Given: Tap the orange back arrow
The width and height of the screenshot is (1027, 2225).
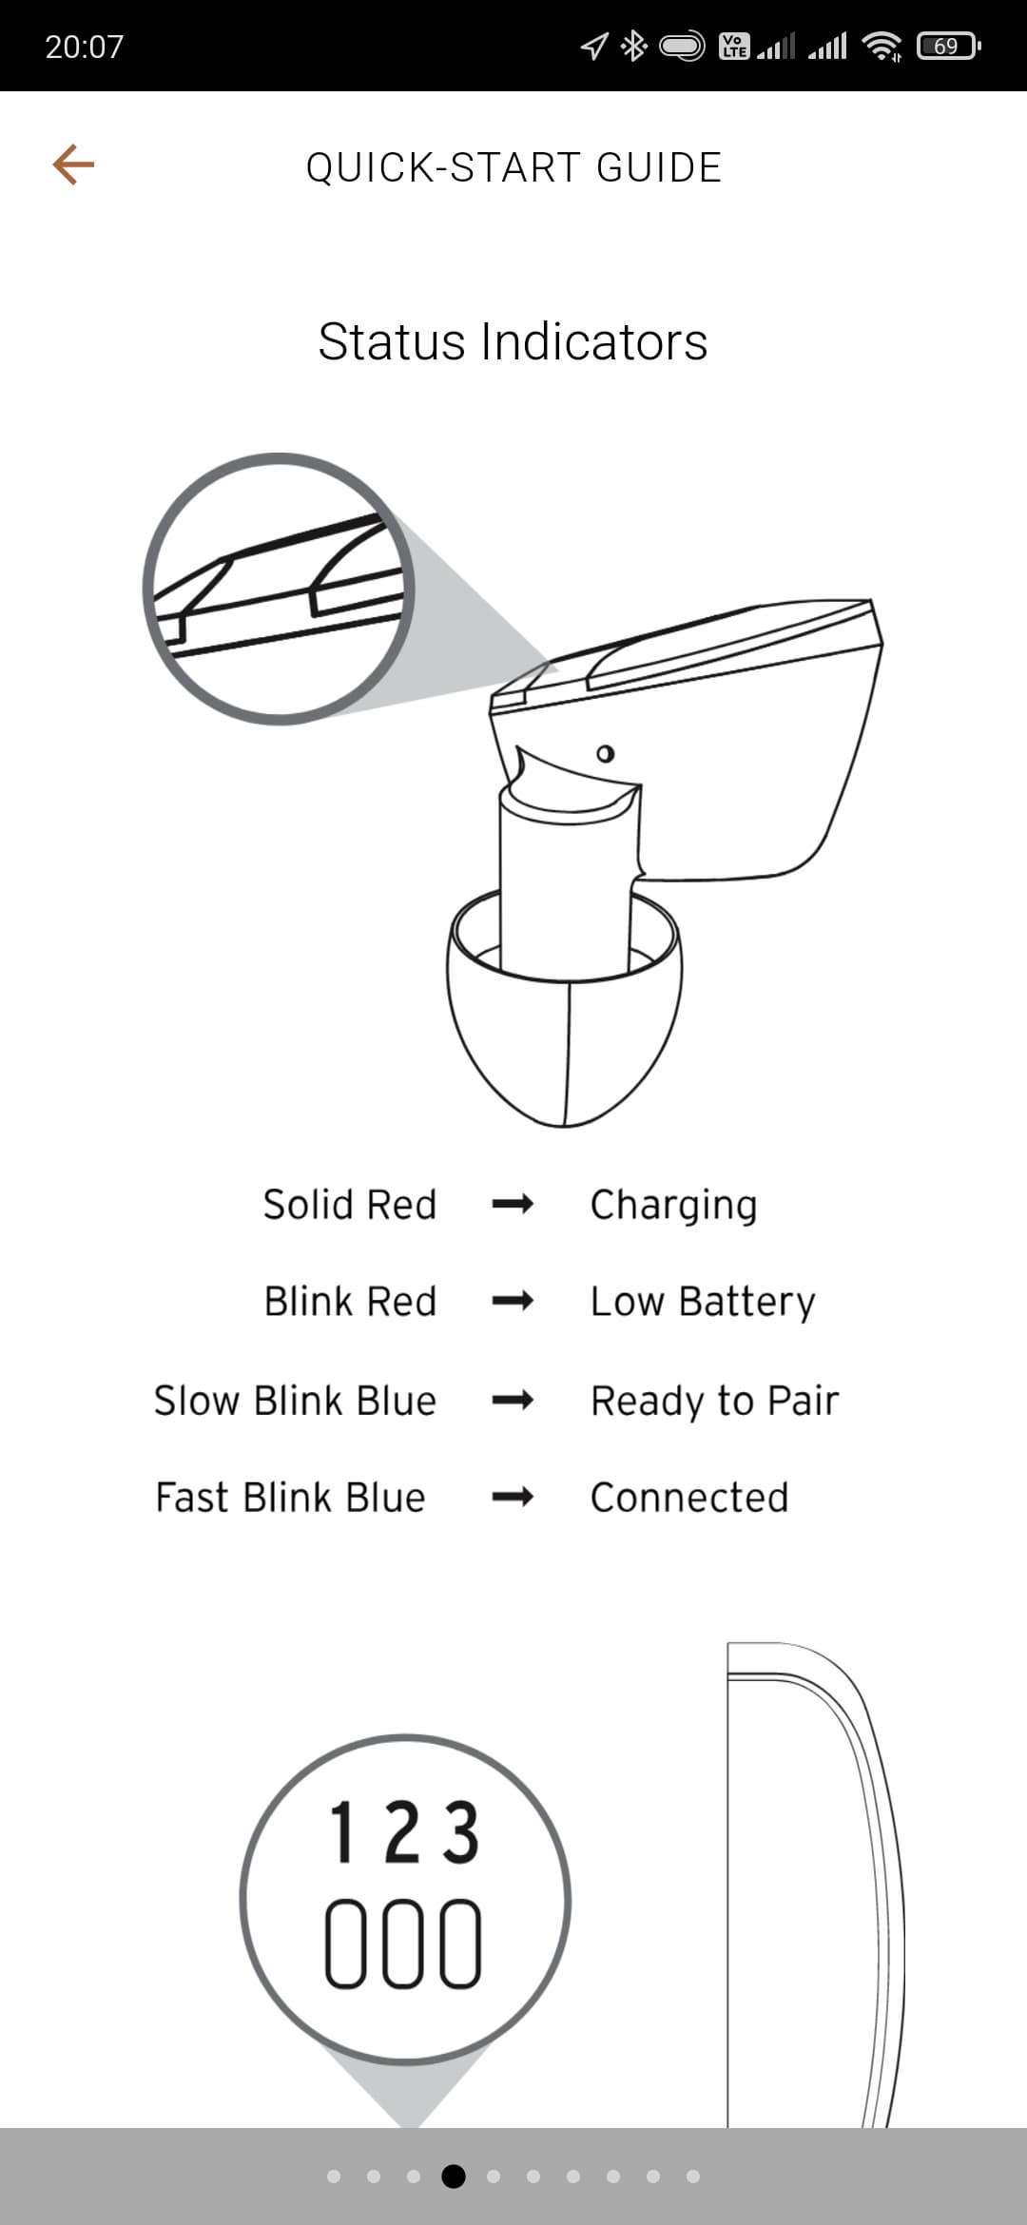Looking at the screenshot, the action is [x=73, y=164].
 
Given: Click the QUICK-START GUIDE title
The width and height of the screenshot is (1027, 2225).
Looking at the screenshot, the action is [x=513, y=167].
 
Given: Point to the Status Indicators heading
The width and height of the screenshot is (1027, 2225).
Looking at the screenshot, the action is [x=513, y=341].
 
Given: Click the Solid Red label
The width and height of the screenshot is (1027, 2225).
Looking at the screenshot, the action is [x=350, y=1205].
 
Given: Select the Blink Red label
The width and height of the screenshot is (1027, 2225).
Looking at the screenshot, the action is [x=351, y=1302].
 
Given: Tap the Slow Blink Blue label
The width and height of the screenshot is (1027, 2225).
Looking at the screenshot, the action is [x=296, y=1401].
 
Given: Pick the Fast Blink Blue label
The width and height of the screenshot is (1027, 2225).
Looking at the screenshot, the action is [x=291, y=1498].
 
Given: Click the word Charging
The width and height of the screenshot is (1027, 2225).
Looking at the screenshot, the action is [x=674, y=1206].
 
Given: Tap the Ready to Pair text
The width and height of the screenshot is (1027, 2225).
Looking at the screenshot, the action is [x=715, y=1402].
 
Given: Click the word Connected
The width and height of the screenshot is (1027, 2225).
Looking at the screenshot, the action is [x=690, y=1498].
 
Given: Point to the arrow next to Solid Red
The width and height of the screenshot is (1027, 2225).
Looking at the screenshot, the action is [x=513, y=1205].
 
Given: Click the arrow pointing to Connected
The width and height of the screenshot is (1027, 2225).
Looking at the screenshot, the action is [x=513, y=1498].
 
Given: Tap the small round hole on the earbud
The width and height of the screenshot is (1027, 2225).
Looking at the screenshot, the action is [x=605, y=754].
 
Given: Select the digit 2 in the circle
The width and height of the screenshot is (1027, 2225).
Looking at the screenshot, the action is [x=403, y=1832].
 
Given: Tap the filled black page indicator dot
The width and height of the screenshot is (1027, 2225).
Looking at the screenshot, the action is [x=454, y=2176].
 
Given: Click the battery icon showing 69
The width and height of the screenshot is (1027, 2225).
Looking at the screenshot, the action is [x=948, y=46].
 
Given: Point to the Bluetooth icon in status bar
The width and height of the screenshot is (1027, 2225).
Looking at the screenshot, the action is [x=633, y=46].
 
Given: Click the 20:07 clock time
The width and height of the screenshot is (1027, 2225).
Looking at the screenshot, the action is [x=85, y=47].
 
